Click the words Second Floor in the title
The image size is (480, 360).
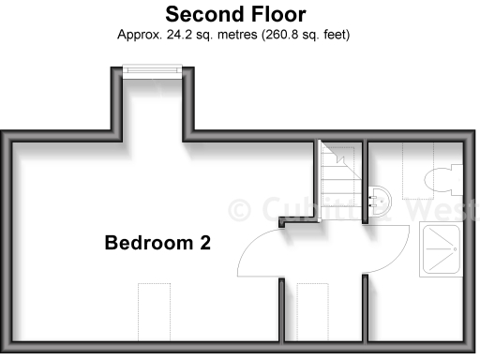pos(234,14)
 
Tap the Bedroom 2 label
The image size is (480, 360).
pos(157,243)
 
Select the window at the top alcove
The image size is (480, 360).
pos(152,71)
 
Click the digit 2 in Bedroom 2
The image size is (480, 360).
pos(203,243)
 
